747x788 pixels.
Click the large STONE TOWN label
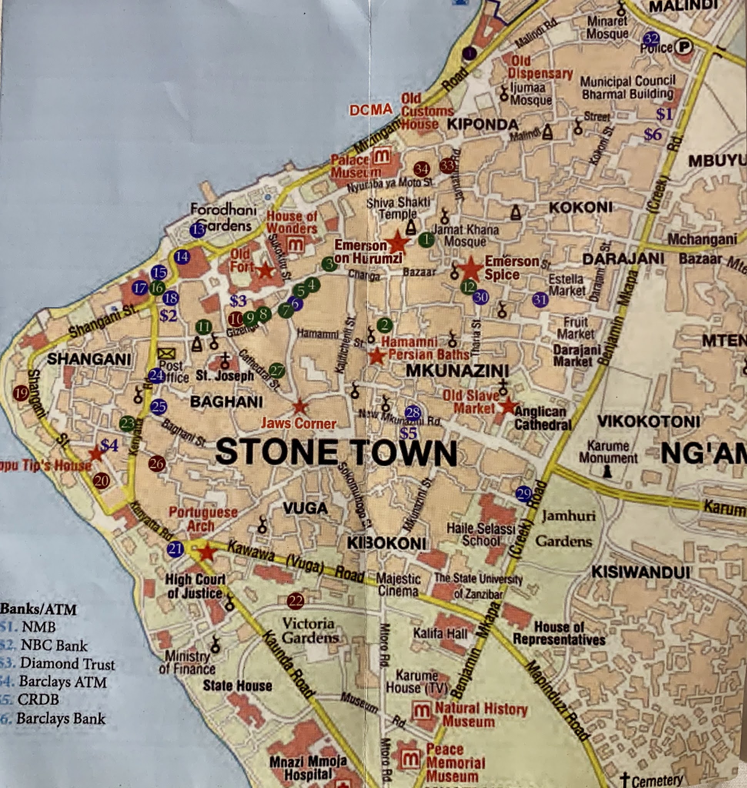[336, 453]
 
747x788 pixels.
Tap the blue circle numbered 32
[651, 39]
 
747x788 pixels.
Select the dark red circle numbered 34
[421, 170]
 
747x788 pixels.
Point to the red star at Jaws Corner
[300, 407]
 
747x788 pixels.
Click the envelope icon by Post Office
[166, 353]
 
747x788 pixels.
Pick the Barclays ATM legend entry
[62, 682]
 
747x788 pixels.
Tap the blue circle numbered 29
[524, 494]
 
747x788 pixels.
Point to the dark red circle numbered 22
[296, 601]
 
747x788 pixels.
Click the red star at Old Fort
[265, 271]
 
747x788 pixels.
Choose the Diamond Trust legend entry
[67, 664]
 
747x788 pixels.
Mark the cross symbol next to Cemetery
[625, 780]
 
